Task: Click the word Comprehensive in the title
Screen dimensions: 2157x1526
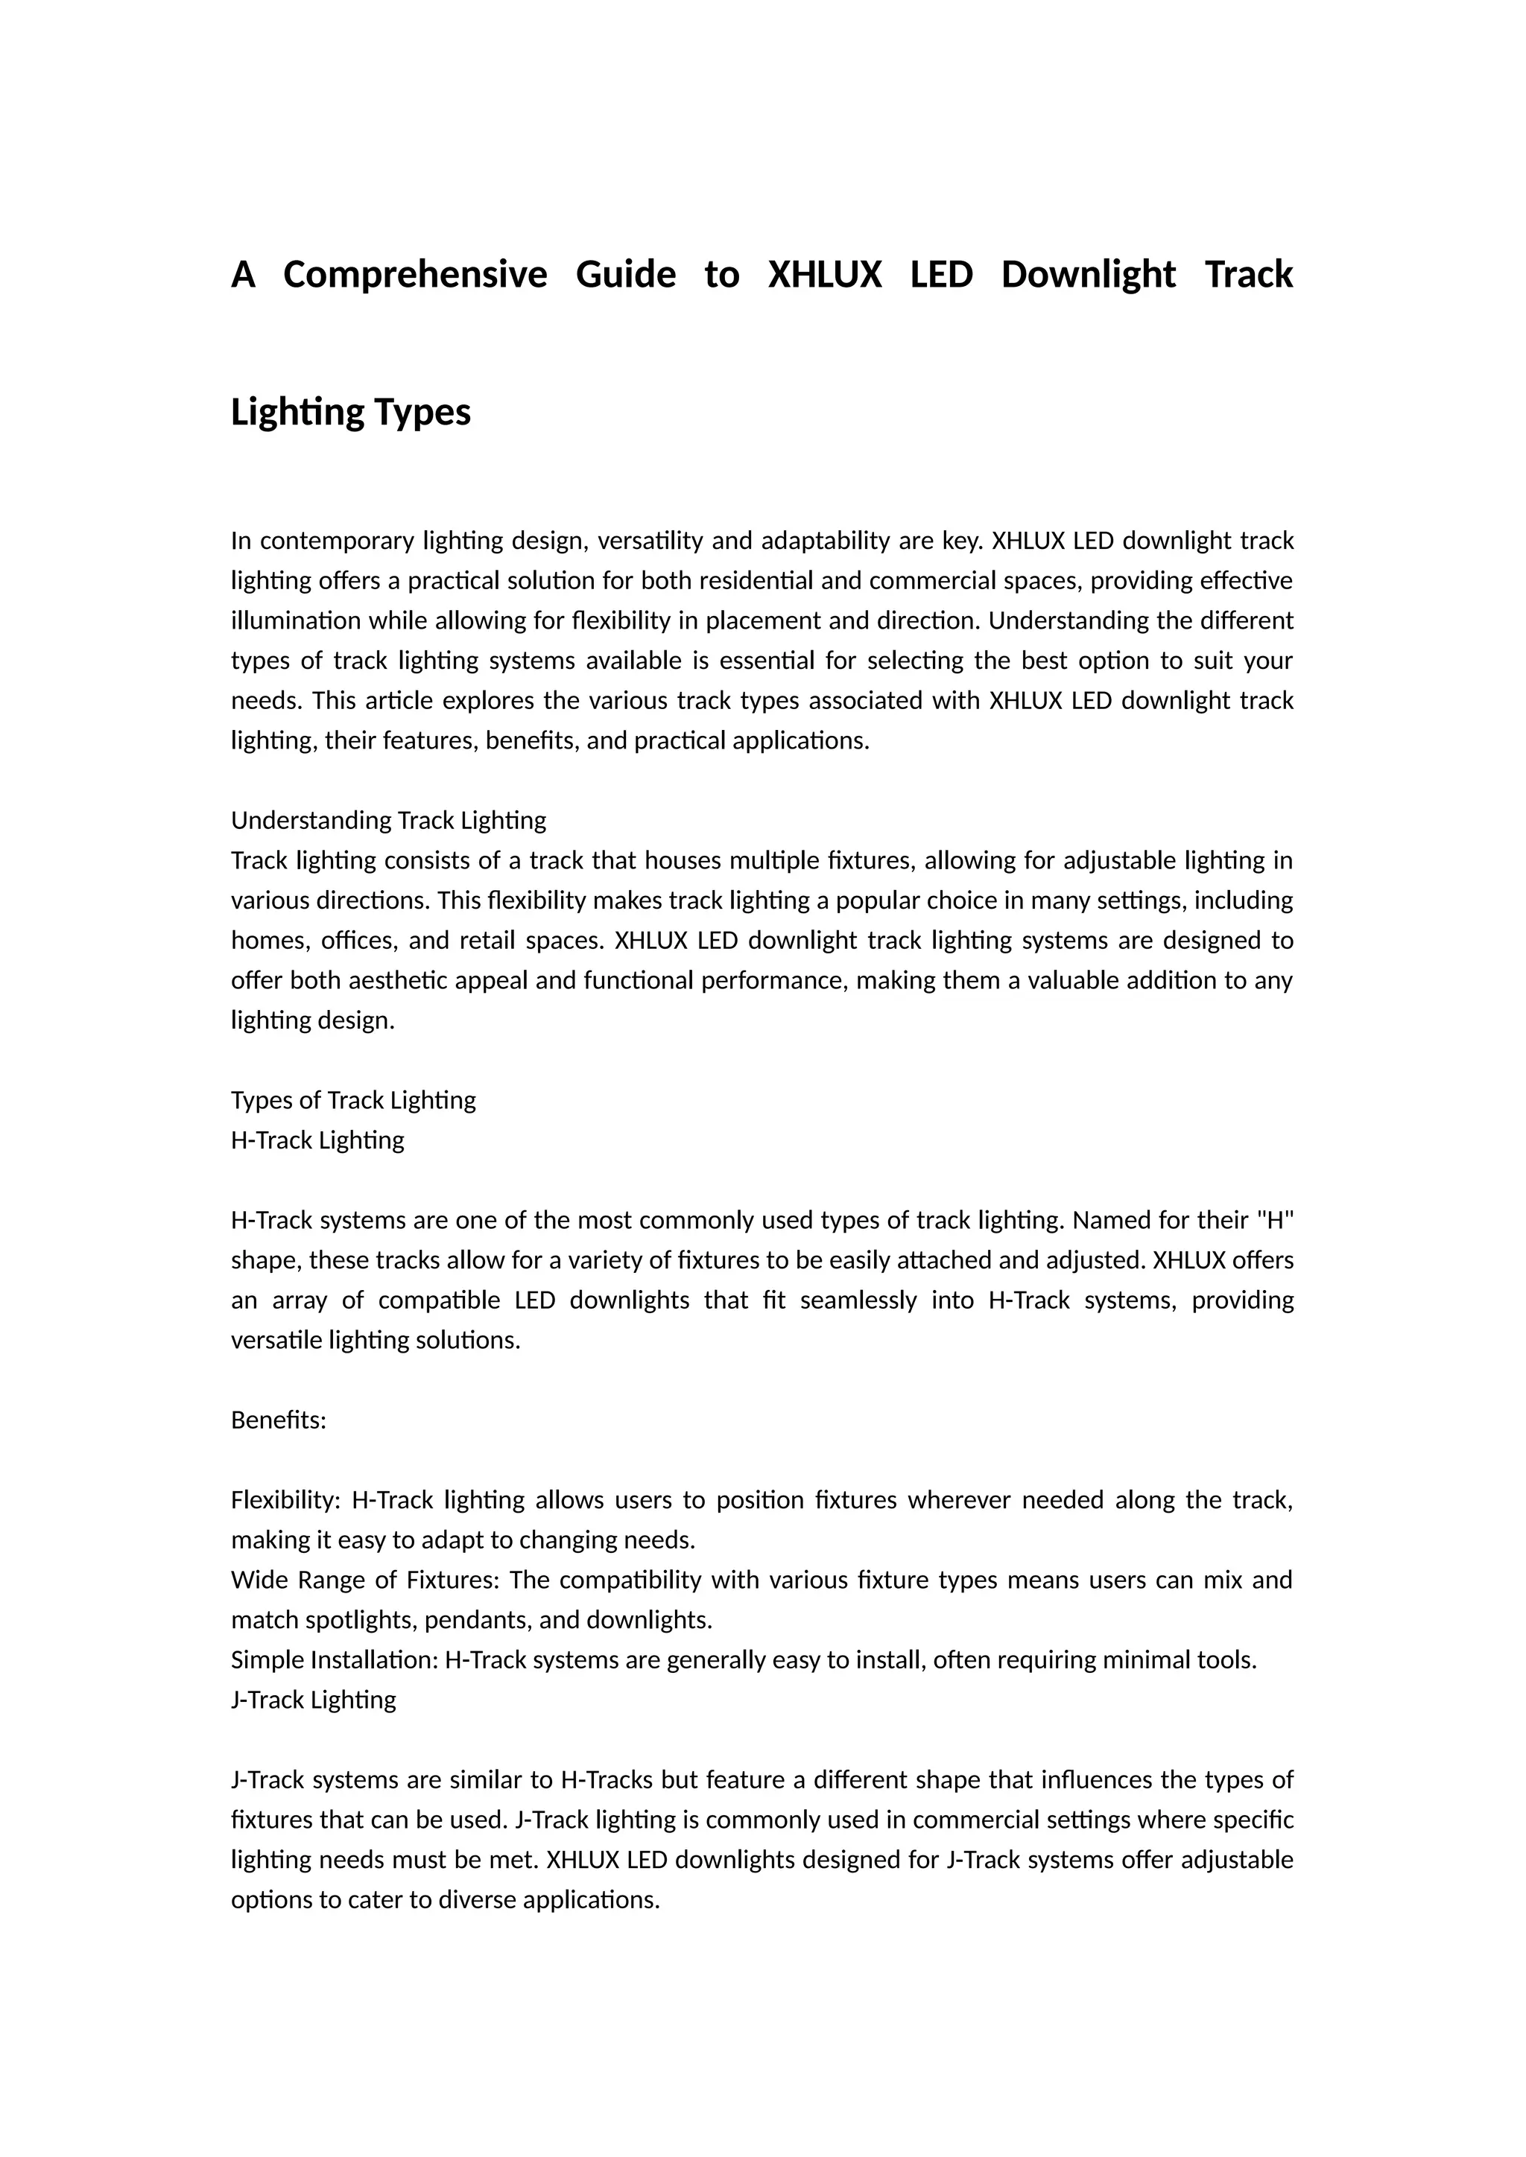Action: pyautogui.click(x=414, y=276)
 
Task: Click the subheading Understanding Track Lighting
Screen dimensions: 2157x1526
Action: pyautogui.click(x=388, y=820)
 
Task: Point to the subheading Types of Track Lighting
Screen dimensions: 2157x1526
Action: pyautogui.click(x=353, y=1100)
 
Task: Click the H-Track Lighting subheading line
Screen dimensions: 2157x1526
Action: pyautogui.click(x=317, y=1140)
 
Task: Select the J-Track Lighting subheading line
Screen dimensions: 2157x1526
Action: pyautogui.click(x=314, y=1700)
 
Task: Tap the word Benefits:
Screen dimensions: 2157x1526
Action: pyautogui.click(x=278, y=1420)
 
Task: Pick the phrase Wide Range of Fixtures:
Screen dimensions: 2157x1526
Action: pyautogui.click(x=364, y=1581)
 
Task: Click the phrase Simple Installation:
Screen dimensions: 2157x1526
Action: pyautogui.click(x=335, y=1660)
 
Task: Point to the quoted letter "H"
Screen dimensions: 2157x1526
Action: pyautogui.click(x=1275, y=1220)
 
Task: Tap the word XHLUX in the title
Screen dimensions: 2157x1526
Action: pyautogui.click(x=825, y=276)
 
